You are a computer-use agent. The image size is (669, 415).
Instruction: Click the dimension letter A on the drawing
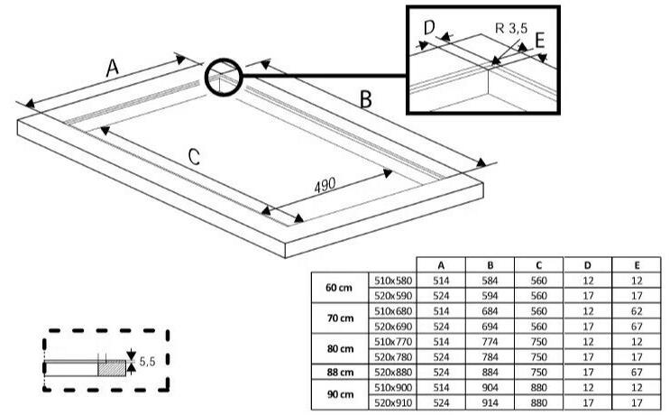(x=112, y=68)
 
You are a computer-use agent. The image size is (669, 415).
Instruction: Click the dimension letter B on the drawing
(x=366, y=99)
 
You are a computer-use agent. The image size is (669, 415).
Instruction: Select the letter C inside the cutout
(x=194, y=157)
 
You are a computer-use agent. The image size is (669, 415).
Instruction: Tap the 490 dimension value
(x=325, y=185)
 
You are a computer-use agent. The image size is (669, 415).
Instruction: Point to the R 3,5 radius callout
(x=511, y=28)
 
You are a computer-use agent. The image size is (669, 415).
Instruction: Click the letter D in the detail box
(x=429, y=27)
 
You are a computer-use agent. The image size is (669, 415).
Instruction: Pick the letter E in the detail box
(x=540, y=41)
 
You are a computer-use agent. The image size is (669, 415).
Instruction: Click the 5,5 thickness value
(x=147, y=362)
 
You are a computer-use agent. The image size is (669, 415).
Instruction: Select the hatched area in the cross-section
(x=112, y=368)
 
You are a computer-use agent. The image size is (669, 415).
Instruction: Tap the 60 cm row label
(x=339, y=288)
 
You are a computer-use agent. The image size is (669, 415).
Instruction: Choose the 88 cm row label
(x=340, y=373)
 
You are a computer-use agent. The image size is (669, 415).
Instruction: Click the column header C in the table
(x=539, y=265)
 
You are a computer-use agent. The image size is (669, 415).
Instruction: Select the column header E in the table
(x=637, y=265)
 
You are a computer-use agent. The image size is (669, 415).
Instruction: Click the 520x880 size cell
(x=393, y=373)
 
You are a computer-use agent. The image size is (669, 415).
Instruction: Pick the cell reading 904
(x=490, y=388)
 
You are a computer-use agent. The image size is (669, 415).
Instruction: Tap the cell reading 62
(x=637, y=311)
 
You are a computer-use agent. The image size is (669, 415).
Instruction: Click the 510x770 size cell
(x=393, y=342)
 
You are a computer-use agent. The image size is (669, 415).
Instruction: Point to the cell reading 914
(x=490, y=402)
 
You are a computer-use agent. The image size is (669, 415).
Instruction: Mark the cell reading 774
(x=490, y=342)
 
